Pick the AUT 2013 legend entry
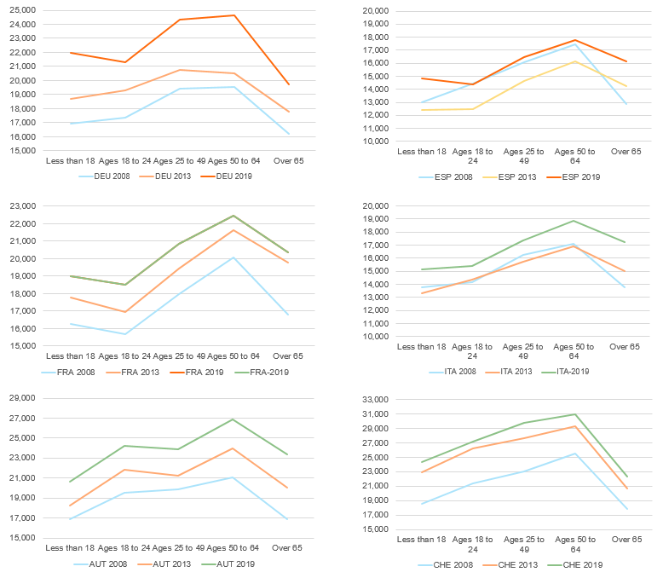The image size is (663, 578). [175, 564]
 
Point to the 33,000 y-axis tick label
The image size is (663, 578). [376, 399]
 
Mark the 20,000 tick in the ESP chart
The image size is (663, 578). [376, 10]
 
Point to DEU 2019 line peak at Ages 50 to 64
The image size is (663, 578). [234, 15]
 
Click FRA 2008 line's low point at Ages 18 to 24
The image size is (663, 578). [125, 334]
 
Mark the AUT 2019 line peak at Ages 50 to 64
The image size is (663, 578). [233, 419]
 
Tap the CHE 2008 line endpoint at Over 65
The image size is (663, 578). [626, 509]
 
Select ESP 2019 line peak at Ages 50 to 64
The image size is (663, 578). [574, 40]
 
